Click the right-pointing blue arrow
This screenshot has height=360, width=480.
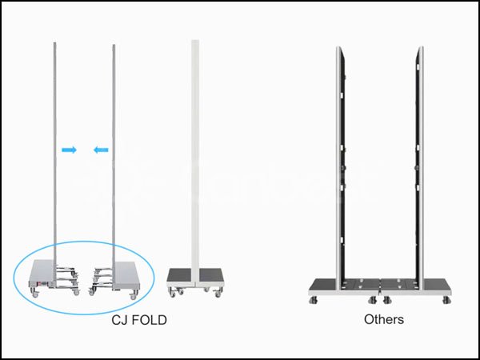(x=69, y=150)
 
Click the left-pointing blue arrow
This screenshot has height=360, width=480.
(x=101, y=150)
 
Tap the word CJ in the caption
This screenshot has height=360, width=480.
(x=118, y=320)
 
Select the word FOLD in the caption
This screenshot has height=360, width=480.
(x=148, y=320)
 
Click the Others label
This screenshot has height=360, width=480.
(x=384, y=319)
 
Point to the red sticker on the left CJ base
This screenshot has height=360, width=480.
(x=42, y=283)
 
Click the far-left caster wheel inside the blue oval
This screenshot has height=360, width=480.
(x=35, y=294)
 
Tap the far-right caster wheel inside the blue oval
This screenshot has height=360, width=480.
(x=134, y=295)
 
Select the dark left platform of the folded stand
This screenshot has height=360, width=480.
(x=180, y=275)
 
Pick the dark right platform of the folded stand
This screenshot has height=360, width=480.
(x=210, y=275)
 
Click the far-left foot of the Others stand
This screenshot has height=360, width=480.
(x=313, y=300)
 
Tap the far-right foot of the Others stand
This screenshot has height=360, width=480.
(x=446, y=300)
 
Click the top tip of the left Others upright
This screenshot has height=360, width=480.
(x=339, y=47)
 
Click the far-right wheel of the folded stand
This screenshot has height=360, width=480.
(x=218, y=294)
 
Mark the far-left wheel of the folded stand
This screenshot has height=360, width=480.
(x=173, y=294)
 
